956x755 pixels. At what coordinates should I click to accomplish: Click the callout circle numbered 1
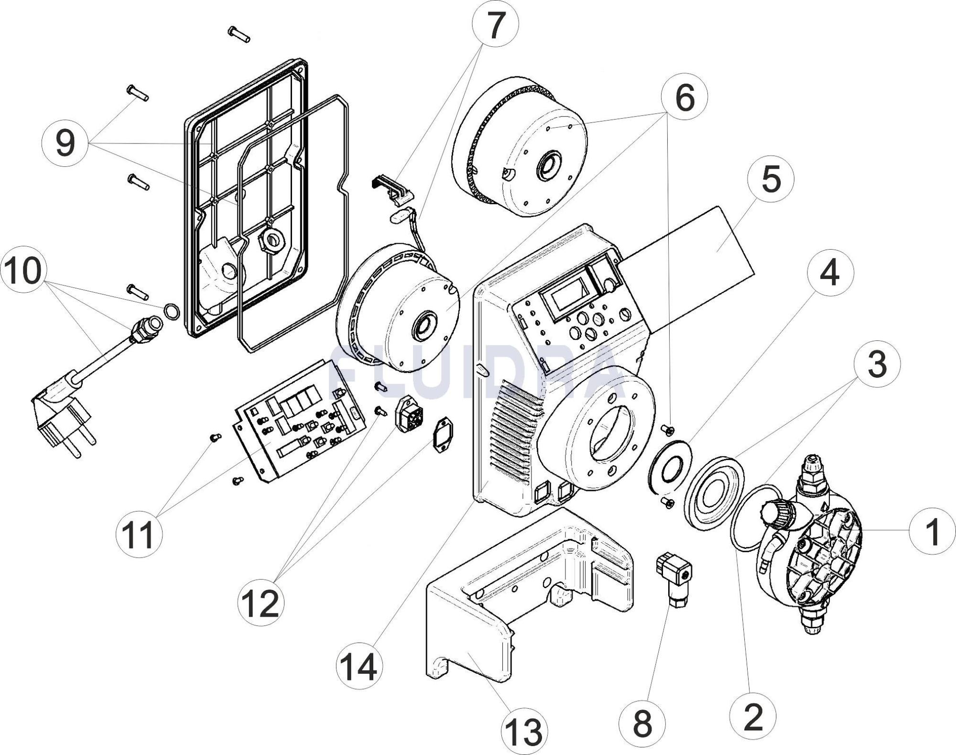click(x=932, y=531)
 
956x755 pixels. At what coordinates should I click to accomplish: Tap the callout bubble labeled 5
click(x=771, y=179)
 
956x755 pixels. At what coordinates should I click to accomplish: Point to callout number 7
click(x=495, y=24)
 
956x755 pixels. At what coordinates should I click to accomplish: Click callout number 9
click(x=65, y=143)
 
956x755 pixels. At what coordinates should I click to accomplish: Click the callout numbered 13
click(x=524, y=731)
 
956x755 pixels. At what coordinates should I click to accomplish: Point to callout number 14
click(x=359, y=667)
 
